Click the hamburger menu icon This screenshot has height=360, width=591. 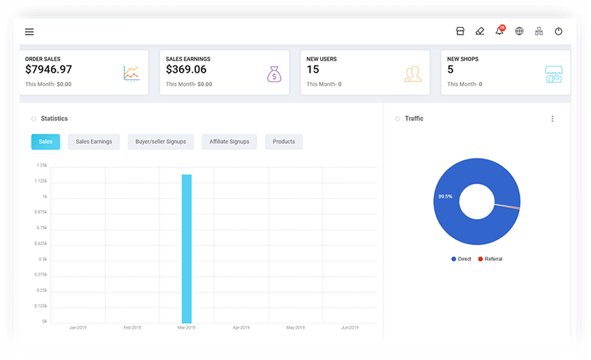pos(29,32)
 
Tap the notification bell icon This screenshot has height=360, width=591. pos(499,31)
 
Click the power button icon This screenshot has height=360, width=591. pos(558,32)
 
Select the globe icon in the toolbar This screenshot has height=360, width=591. pos(519,32)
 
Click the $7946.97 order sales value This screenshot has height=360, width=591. pos(49,70)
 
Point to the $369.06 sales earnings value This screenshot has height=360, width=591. pos(186,70)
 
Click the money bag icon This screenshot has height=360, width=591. pos(273,73)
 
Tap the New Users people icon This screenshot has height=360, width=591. pos(413,73)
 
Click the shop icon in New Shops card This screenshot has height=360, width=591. pos(554,73)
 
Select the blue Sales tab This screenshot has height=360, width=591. pos(45,142)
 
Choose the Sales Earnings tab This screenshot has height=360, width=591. pos(94,142)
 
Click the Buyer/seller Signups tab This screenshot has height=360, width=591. pos(160,142)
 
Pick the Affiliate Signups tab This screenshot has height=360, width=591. pos(229,142)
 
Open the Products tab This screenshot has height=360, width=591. pos(284,142)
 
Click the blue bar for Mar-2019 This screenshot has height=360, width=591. pos(186,248)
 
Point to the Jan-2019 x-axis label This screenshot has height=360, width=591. pos(78,328)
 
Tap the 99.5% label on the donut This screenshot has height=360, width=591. pos(445,196)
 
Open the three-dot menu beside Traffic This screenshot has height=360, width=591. pos(552,119)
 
